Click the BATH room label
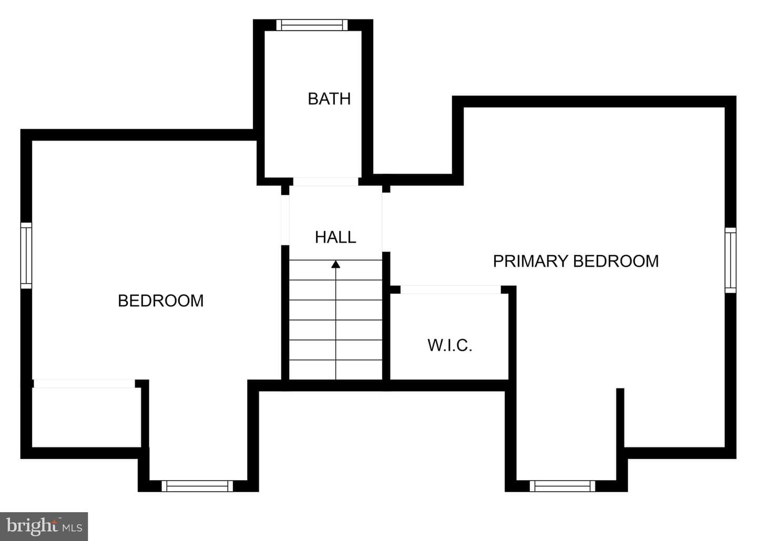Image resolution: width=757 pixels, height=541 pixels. (x=329, y=99)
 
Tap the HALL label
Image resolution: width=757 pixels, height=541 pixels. (x=335, y=237)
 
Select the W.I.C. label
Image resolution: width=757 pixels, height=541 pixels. (x=449, y=346)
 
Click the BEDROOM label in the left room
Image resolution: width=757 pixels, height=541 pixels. (x=160, y=301)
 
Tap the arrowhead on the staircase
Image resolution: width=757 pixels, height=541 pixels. (x=335, y=264)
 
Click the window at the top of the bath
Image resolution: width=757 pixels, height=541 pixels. (x=312, y=25)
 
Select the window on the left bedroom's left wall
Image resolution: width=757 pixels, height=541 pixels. (x=26, y=256)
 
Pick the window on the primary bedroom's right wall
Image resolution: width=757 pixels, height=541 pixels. (x=731, y=261)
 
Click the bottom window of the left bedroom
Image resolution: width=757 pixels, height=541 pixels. (x=197, y=486)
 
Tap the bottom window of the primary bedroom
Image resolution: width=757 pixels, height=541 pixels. (x=562, y=486)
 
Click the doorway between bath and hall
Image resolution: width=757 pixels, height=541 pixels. (x=325, y=182)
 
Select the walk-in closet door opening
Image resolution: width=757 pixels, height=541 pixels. (x=451, y=290)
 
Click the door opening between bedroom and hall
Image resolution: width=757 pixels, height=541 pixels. (x=285, y=220)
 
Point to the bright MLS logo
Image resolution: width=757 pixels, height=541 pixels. (x=44, y=526)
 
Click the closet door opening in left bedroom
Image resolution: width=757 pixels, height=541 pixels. (x=84, y=383)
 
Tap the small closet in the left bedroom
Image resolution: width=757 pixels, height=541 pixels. (x=87, y=418)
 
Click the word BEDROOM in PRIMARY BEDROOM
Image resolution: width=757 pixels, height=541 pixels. (x=616, y=262)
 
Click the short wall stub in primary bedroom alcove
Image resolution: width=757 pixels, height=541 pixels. (x=620, y=418)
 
